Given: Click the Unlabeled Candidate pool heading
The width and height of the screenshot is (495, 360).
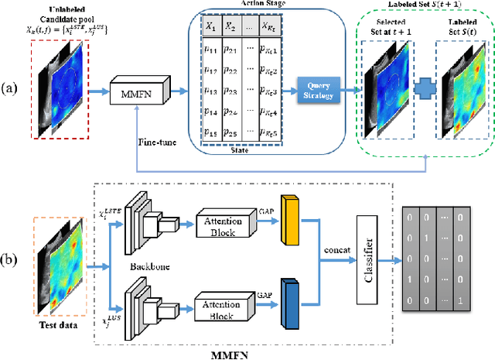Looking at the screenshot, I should tap(64, 15).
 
